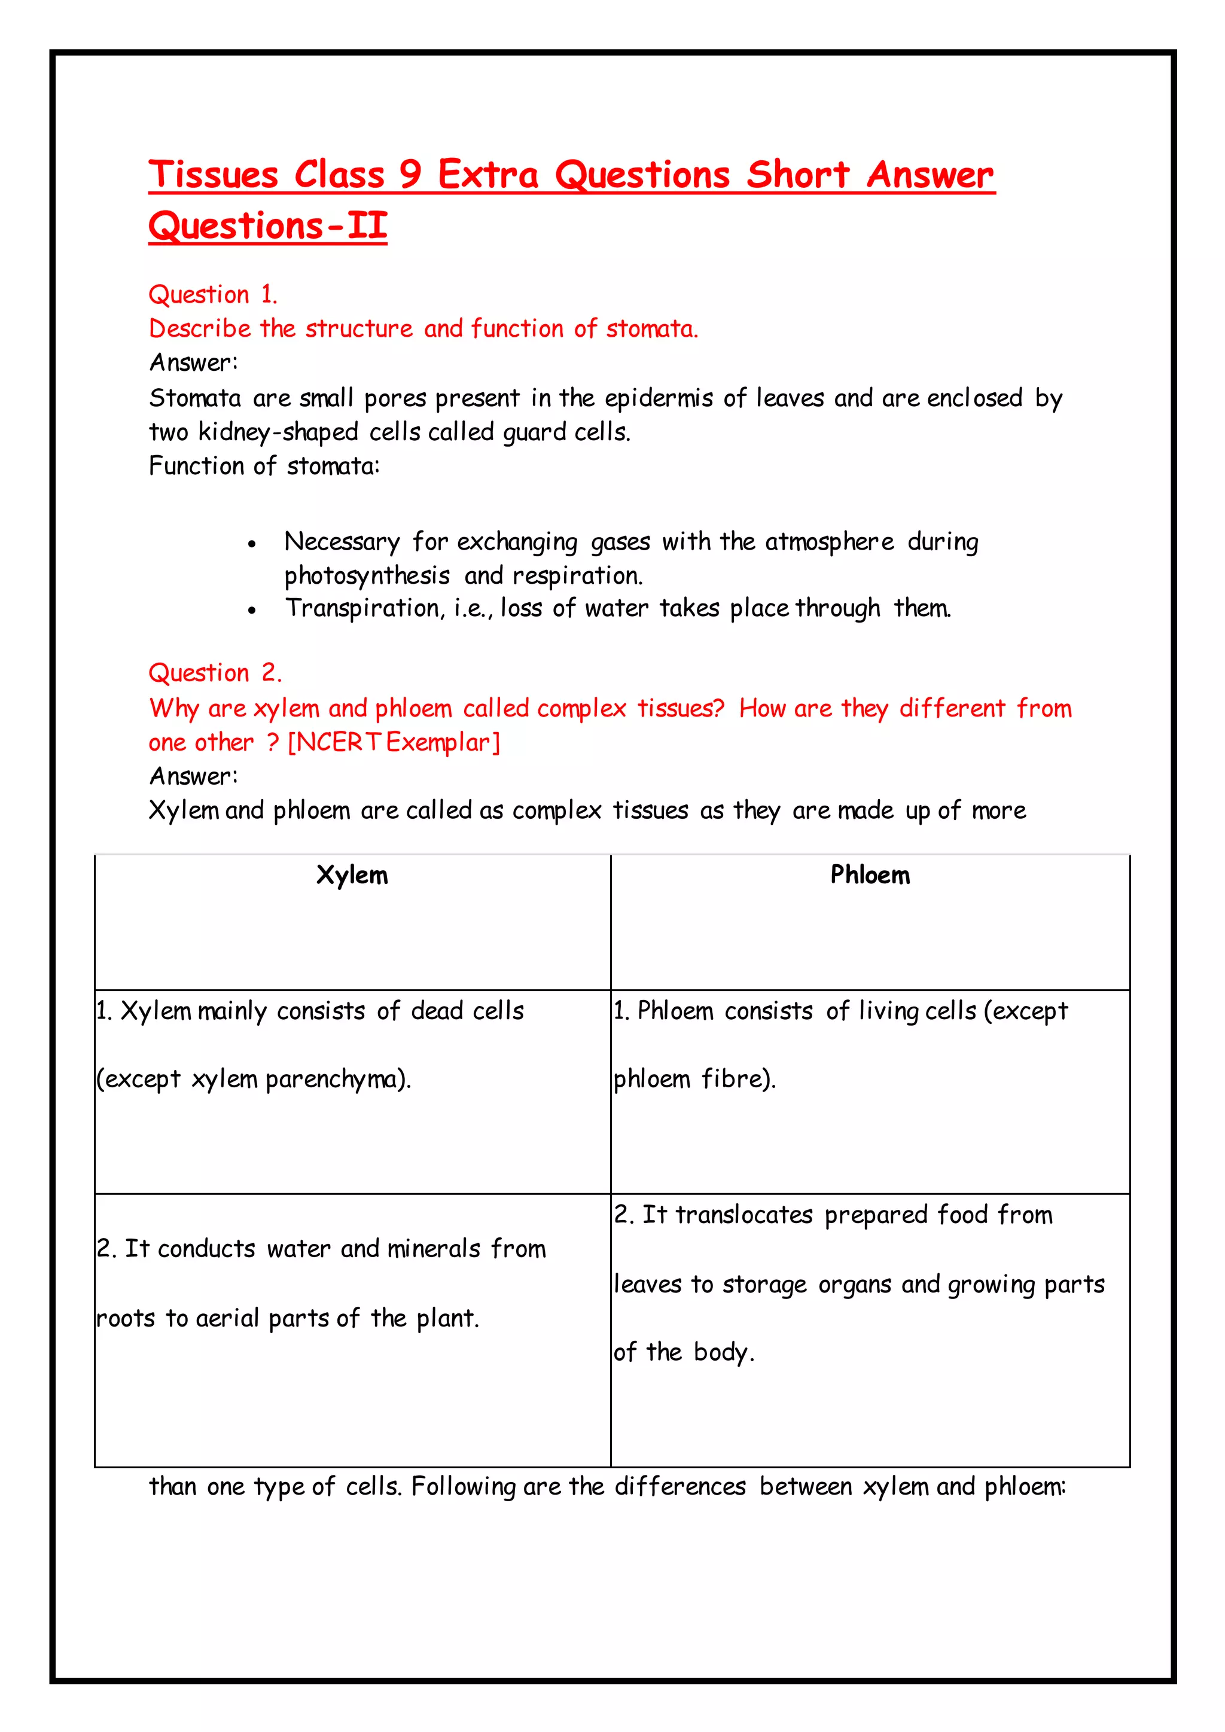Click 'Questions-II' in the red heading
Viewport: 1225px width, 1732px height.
coord(268,225)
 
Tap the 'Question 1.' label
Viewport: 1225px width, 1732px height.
coord(214,294)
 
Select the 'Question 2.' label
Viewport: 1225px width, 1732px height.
coord(215,672)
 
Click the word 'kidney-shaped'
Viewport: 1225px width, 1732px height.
coord(278,432)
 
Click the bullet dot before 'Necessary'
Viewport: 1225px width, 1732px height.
coord(252,544)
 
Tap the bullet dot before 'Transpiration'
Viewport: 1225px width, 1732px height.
coord(252,610)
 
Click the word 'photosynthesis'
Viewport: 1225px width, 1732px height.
coord(367,577)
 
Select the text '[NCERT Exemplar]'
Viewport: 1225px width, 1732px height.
coord(394,742)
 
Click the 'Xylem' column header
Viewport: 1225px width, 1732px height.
coord(352,875)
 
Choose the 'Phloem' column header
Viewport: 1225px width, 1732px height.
coord(870,875)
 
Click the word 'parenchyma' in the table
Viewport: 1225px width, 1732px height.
coord(332,1080)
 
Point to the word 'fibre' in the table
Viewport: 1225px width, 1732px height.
coord(731,1079)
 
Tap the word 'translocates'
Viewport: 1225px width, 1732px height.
coord(743,1215)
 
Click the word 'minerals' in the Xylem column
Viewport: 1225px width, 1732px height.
coord(434,1249)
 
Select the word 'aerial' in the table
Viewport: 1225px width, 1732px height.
coord(228,1318)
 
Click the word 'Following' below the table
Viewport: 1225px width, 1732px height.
coord(463,1486)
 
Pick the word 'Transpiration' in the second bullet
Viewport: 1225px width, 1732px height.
coord(364,608)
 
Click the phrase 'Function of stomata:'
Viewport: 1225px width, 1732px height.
coord(264,466)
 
